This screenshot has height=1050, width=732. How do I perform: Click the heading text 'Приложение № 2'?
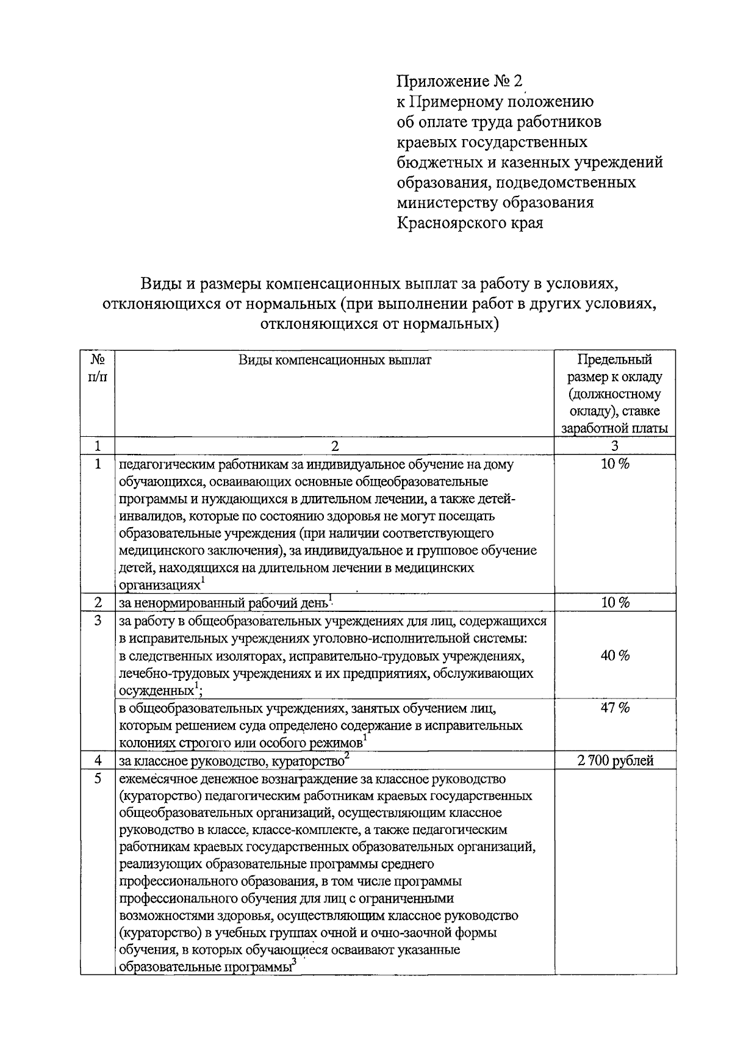[460, 81]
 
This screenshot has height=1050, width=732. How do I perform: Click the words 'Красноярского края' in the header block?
[470, 223]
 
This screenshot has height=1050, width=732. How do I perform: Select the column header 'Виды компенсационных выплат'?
[334, 360]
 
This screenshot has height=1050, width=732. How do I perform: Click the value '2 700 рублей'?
[615, 761]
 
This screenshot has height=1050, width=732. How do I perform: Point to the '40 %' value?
[615, 656]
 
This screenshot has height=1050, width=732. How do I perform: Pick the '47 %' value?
[615, 708]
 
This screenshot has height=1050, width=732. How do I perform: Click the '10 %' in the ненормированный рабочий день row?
[615, 603]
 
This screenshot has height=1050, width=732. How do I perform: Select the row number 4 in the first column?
[98, 761]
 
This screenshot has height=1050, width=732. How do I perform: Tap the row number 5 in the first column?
[98, 779]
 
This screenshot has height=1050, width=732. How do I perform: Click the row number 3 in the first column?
[98, 621]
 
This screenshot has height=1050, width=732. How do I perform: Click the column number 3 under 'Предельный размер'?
[615, 446]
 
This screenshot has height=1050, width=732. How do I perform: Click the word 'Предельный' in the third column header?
[614, 360]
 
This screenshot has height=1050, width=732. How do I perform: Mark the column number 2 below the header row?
[334, 446]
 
